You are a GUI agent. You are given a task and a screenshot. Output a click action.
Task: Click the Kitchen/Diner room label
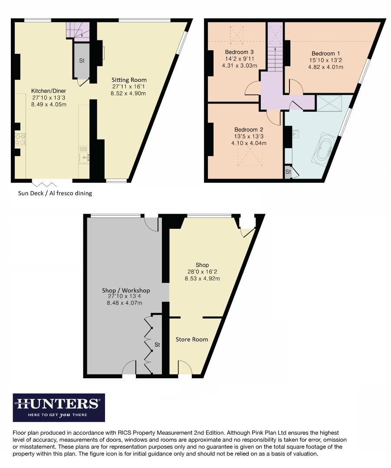click(x=49, y=91)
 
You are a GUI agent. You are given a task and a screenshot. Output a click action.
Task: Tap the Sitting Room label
click(x=129, y=80)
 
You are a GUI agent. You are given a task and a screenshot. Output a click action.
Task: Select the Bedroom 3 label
click(x=236, y=52)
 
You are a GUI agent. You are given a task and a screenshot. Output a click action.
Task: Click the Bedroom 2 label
click(x=249, y=130)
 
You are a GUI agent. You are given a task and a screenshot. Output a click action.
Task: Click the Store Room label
click(x=191, y=339)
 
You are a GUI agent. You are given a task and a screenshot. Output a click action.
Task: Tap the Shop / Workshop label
click(x=126, y=290)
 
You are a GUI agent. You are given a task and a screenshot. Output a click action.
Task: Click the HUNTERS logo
click(x=59, y=407)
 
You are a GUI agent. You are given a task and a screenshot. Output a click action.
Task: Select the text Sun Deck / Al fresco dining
click(x=55, y=193)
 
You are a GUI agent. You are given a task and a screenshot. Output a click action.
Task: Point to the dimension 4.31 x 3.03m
click(x=239, y=66)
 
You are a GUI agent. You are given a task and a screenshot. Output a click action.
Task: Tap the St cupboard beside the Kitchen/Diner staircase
click(x=82, y=61)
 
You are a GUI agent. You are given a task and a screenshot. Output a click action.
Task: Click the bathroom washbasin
click(x=296, y=133)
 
